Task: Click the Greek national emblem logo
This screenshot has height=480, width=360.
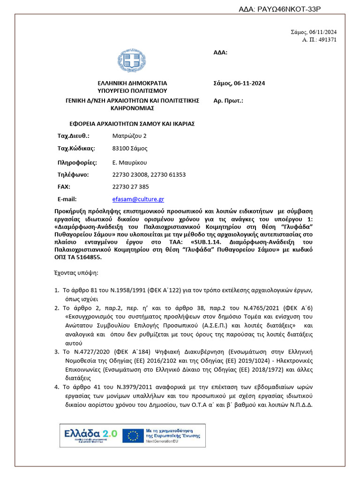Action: [x=132, y=60]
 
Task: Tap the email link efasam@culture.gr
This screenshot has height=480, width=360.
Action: [x=138, y=199]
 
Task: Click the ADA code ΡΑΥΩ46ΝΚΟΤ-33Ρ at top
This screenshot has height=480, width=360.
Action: [x=280, y=8]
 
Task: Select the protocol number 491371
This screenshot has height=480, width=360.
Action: [x=327, y=40]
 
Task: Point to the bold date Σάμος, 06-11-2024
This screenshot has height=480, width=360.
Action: [x=239, y=83]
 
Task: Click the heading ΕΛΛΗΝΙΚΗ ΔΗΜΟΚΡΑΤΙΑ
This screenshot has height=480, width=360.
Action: [x=132, y=83]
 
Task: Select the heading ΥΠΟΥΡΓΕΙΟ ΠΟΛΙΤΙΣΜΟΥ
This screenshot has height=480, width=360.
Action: [x=132, y=91]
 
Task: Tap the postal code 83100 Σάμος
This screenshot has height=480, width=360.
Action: [x=130, y=149]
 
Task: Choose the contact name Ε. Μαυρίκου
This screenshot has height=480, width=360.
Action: [x=130, y=163]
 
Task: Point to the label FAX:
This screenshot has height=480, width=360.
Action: [x=64, y=187]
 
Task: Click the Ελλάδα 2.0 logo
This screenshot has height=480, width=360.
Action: [x=90, y=435]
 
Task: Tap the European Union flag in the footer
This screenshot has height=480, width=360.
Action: [x=133, y=435]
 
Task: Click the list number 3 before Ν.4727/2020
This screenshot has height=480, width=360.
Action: [x=57, y=351]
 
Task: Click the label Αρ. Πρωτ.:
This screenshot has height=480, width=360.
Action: [x=228, y=100]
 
